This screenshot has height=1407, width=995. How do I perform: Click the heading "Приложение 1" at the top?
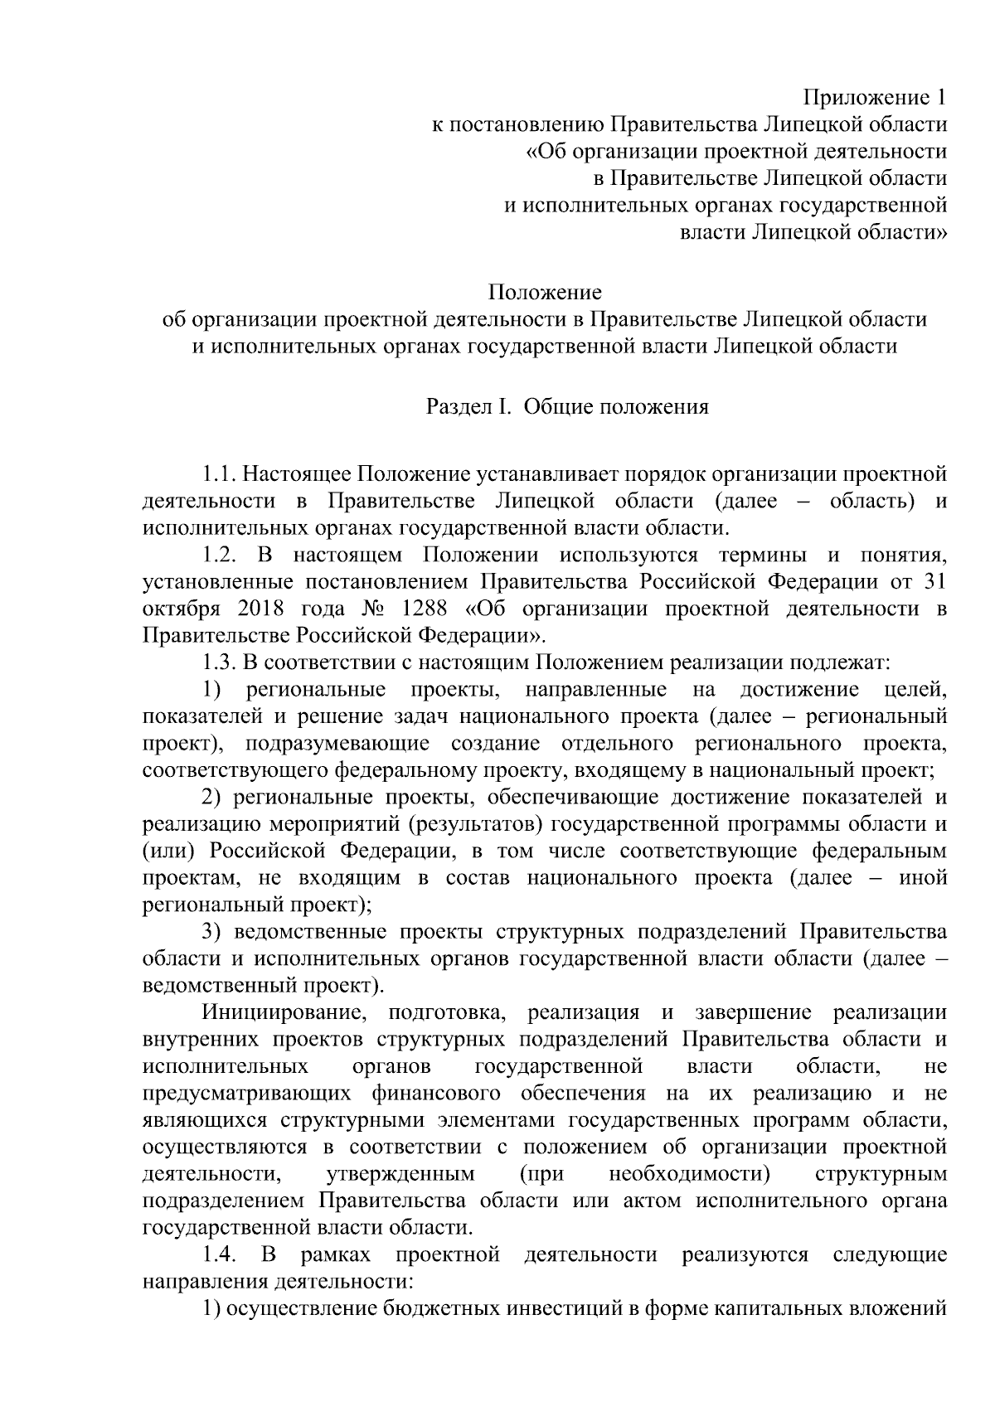pyautogui.click(x=879, y=98)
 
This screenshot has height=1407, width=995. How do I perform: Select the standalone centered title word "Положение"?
pyautogui.click(x=545, y=293)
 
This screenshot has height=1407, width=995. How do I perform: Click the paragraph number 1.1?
pyautogui.click(x=221, y=475)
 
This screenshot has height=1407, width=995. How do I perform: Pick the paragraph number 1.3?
pyautogui.click(x=221, y=662)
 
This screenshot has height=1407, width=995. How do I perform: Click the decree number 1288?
pyautogui.click(x=424, y=609)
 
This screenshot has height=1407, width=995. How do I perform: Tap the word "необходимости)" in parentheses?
pyautogui.click(x=689, y=1174)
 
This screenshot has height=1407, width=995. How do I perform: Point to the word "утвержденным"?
pyautogui.click(x=400, y=1174)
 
